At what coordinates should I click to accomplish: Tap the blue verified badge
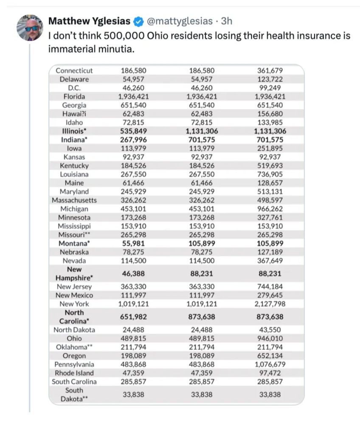click(x=138, y=21)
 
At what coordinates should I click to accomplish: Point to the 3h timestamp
click(x=226, y=21)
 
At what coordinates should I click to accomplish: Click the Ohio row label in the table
click(x=74, y=339)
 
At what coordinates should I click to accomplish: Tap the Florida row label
click(x=74, y=96)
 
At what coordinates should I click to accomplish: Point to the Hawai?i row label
click(x=74, y=113)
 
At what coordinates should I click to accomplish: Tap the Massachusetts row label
click(x=74, y=200)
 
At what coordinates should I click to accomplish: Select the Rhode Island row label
click(x=74, y=373)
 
